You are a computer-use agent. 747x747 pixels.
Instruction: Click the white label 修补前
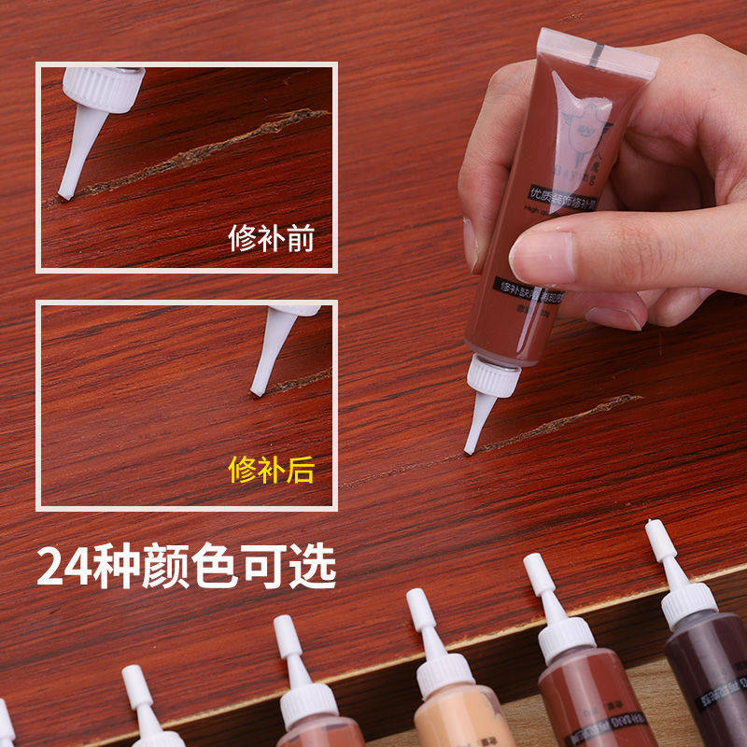coord(272,238)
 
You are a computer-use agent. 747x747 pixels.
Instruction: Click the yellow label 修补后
coord(272,470)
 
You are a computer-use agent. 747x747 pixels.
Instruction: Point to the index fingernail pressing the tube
coord(542,255)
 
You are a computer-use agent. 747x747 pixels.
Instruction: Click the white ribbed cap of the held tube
coord(492,376)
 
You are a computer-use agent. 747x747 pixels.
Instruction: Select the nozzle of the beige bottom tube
coord(424,621)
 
